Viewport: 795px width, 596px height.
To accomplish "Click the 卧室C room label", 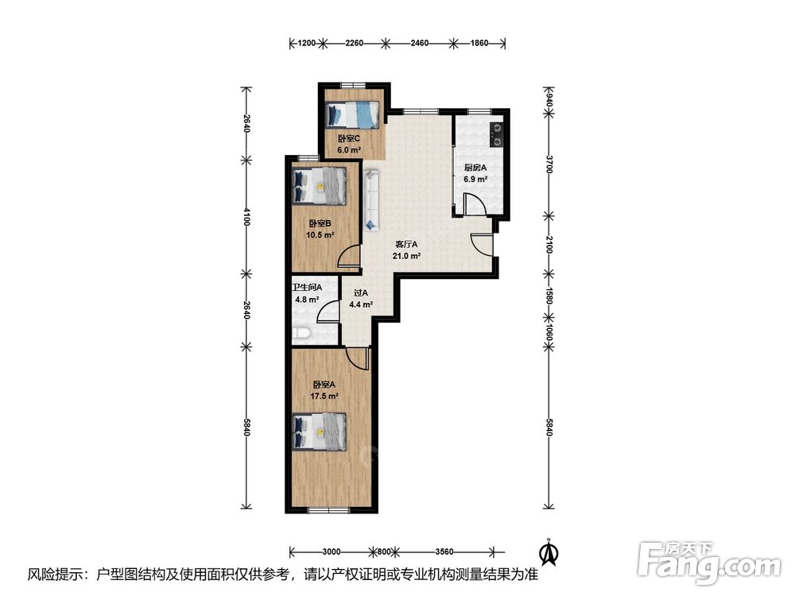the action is pos(349,138).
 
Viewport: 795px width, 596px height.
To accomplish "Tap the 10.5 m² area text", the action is pos(320,235).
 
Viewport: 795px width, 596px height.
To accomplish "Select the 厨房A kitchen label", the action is pos(475,168).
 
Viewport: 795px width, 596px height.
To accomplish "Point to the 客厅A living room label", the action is pos(406,244).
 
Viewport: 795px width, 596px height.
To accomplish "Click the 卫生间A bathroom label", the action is pos(307,288).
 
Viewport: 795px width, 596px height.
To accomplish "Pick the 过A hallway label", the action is pos(361,293).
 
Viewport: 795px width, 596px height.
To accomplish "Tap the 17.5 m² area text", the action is pos(324,397).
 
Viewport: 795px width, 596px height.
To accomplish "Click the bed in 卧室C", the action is pos(352,114).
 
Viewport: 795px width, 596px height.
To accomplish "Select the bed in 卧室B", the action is pos(320,186).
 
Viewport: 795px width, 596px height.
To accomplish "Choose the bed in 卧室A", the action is pos(320,432).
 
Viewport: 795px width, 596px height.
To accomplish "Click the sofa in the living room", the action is pos(371,199).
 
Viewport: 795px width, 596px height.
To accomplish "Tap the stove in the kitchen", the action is pos(497,134).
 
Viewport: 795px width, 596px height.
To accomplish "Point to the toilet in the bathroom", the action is pos(301,333).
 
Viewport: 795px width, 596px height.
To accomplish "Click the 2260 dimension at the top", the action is pos(354,43).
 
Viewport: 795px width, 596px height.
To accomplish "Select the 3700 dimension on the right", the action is pos(549,164).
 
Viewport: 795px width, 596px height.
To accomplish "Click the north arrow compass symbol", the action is pos(548,552).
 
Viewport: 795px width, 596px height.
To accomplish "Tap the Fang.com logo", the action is pos(709,563).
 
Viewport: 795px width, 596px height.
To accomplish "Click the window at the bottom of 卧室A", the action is pos(328,510).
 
